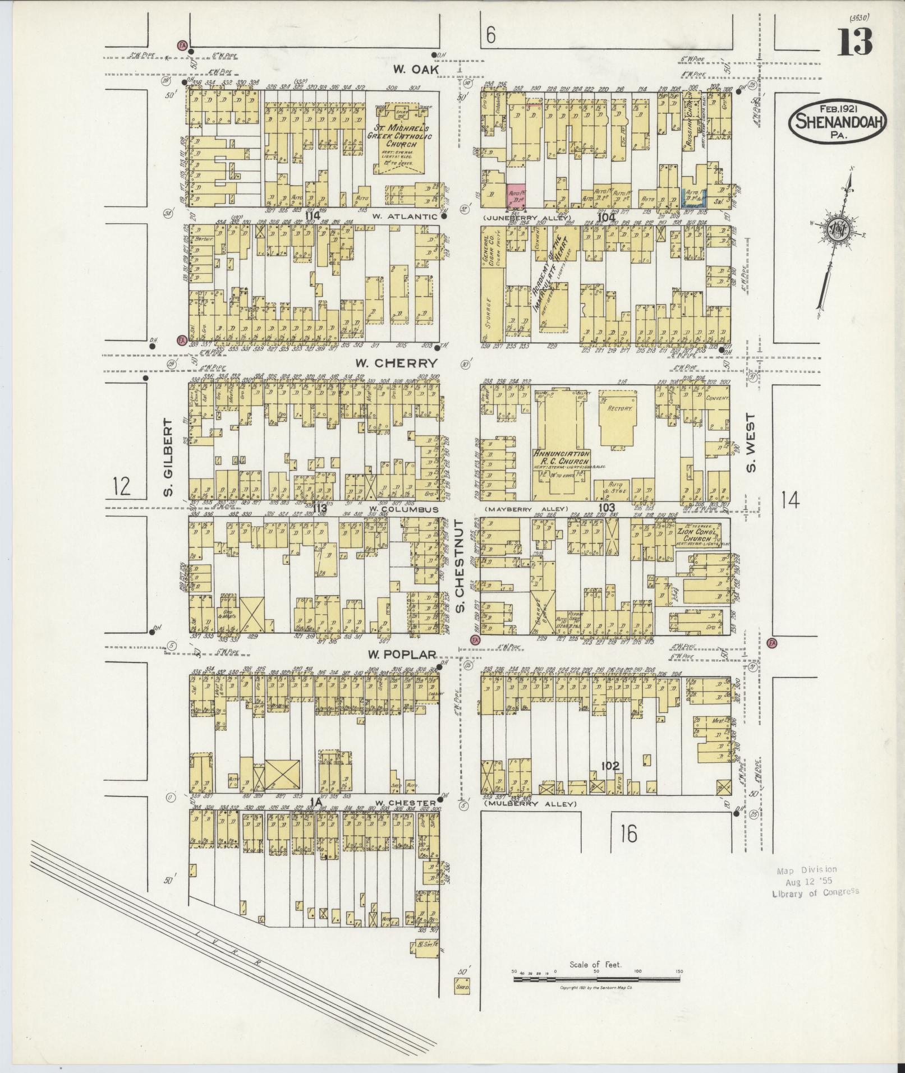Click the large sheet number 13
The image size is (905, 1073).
point(856,42)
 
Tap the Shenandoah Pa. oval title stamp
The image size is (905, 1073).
point(838,122)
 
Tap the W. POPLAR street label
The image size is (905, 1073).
point(402,654)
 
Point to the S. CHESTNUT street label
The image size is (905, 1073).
point(459,567)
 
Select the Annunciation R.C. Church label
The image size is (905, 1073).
point(561,458)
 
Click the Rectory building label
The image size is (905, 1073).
point(619,408)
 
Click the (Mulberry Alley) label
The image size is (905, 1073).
point(530,804)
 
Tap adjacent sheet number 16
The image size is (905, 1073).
point(628,835)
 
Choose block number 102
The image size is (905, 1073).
point(609,766)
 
